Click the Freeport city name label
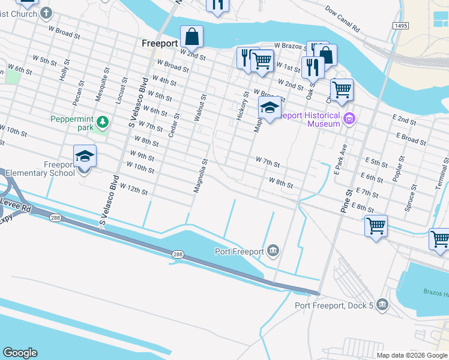160,43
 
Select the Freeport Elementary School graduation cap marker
85,157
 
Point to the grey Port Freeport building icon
274,250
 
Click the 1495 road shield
402,26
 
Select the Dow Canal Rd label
342,20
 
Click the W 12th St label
133,188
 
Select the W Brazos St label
291,45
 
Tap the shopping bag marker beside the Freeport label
191,37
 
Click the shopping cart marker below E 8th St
376,227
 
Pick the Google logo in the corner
20,353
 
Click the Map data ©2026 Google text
412,355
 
